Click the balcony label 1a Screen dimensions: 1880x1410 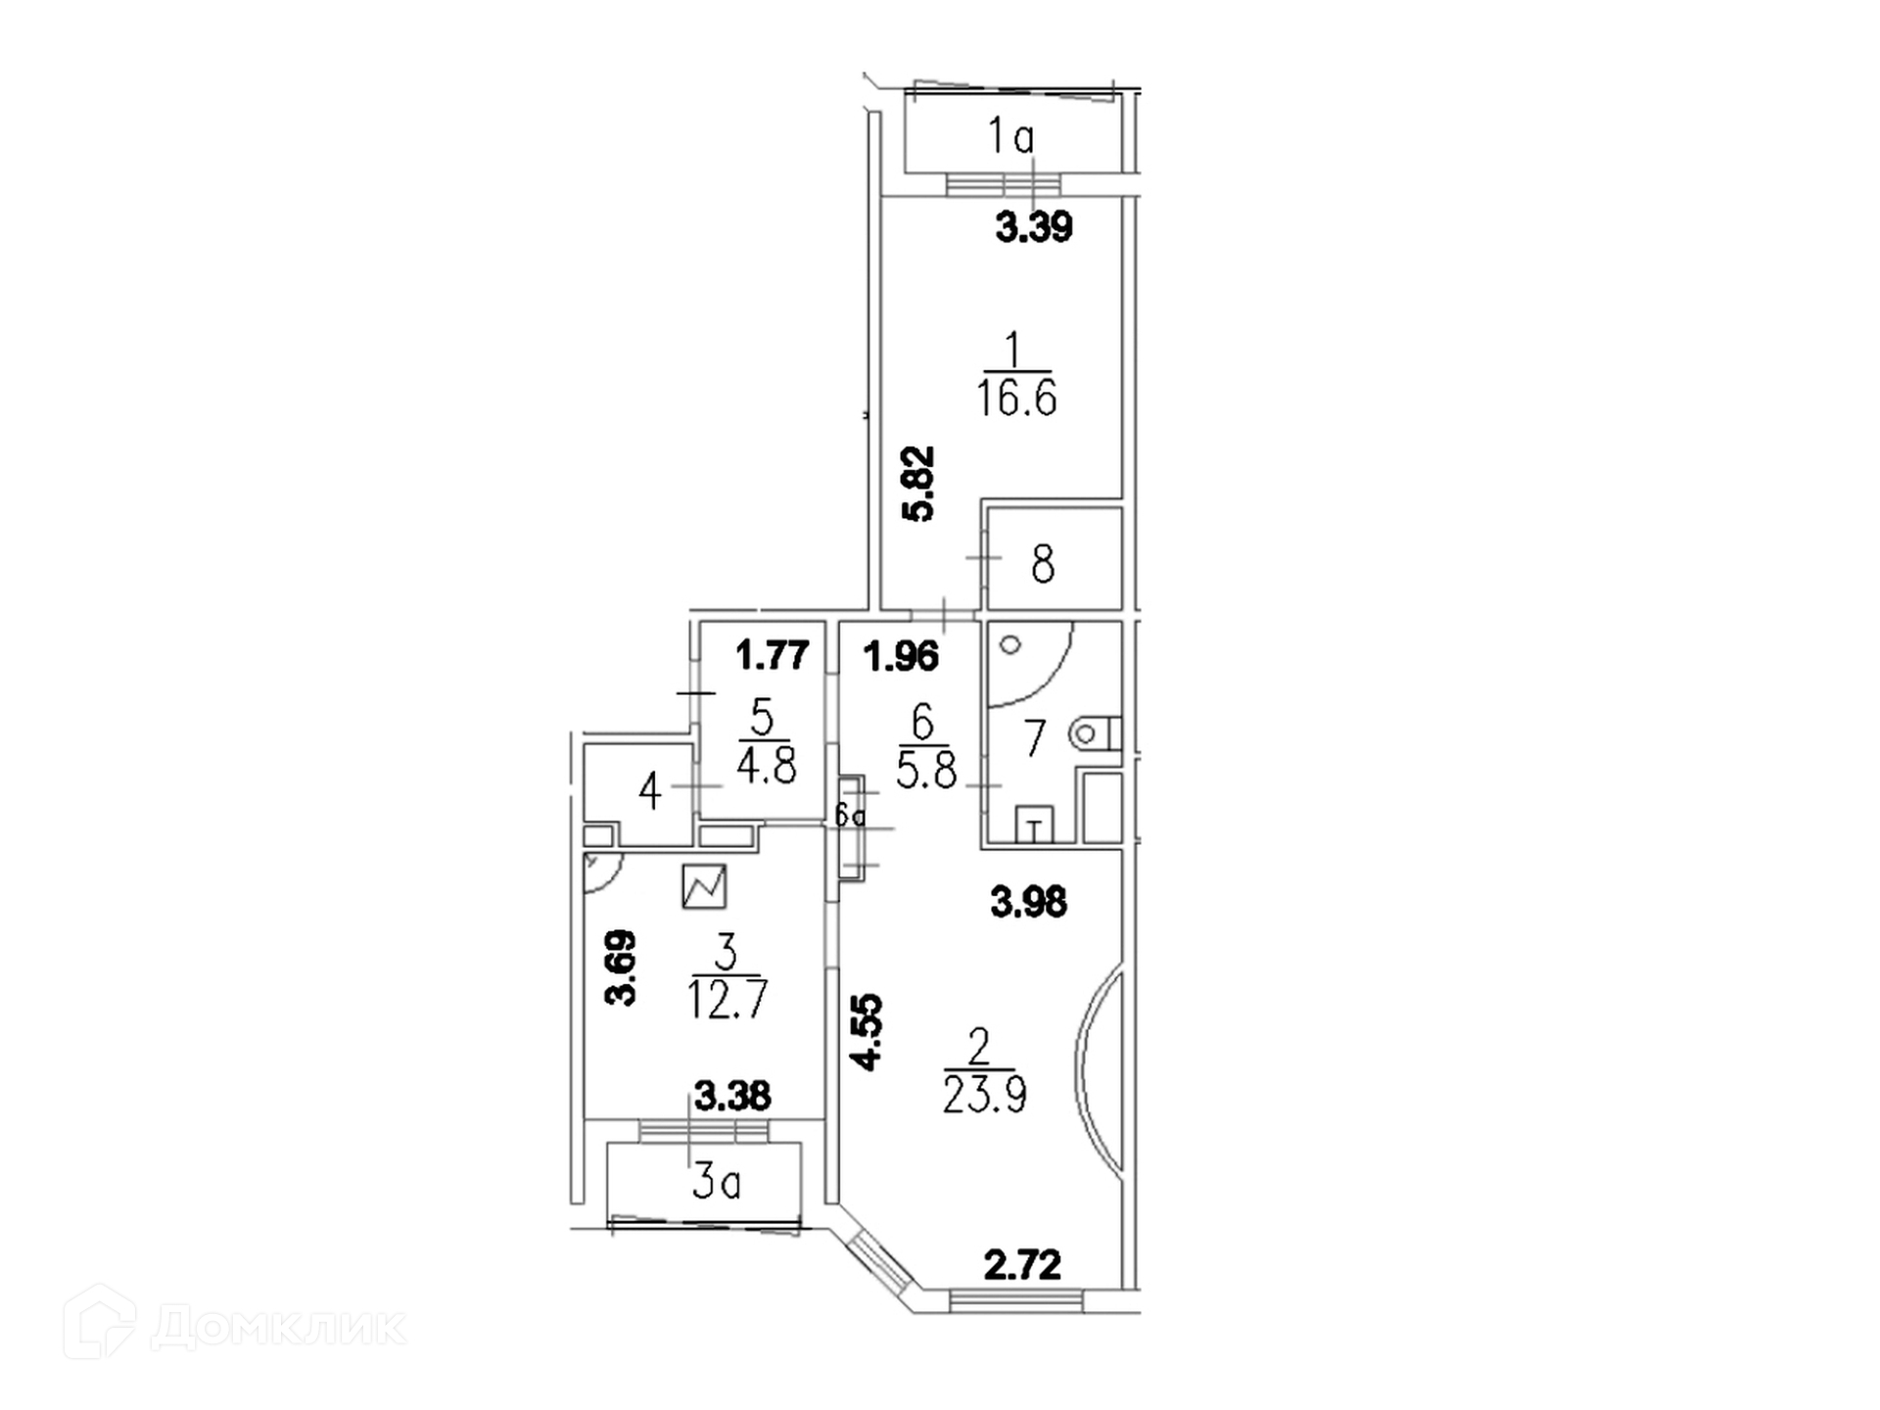[1010, 136]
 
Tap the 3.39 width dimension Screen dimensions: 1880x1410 [1034, 227]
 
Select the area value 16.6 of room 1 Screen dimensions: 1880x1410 [1016, 399]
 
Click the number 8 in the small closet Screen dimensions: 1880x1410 [1043, 565]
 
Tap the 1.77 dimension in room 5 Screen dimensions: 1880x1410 [773, 655]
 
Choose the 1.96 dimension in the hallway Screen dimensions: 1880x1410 [901, 656]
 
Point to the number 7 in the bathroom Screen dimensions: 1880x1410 [1035, 738]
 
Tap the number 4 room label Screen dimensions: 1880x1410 [649, 791]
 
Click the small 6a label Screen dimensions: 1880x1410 [850, 815]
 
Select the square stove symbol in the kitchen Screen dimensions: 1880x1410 [704, 886]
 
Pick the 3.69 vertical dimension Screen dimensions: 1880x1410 [622, 967]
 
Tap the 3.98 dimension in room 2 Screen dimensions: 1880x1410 [1028, 902]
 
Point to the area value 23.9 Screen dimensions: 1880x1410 [984, 1096]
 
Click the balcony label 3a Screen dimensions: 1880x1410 [716, 1184]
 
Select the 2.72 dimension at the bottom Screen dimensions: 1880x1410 [1022, 1266]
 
